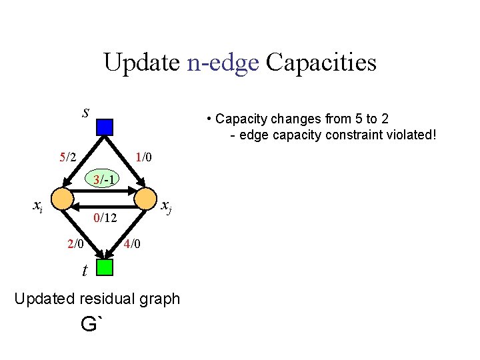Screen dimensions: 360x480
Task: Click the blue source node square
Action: tap(105, 127)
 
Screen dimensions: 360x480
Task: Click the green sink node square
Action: tap(105, 267)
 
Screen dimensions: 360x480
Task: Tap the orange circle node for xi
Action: tap(62, 198)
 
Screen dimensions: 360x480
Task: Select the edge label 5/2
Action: tap(68, 158)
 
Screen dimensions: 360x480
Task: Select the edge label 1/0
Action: tap(144, 158)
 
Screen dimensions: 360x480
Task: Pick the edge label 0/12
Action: tap(105, 217)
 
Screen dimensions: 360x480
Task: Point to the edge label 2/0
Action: tap(76, 244)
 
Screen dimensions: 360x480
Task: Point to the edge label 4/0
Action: tap(131, 244)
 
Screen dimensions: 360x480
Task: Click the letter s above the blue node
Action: tap(85, 112)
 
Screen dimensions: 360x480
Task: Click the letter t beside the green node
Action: tap(85, 270)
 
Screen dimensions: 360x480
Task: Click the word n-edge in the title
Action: tap(223, 63)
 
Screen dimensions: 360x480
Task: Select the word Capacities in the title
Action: tap(321, 63)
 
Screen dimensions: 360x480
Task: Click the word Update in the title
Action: tap(141, 63)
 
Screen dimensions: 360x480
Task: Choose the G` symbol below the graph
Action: tap(93, 325)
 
